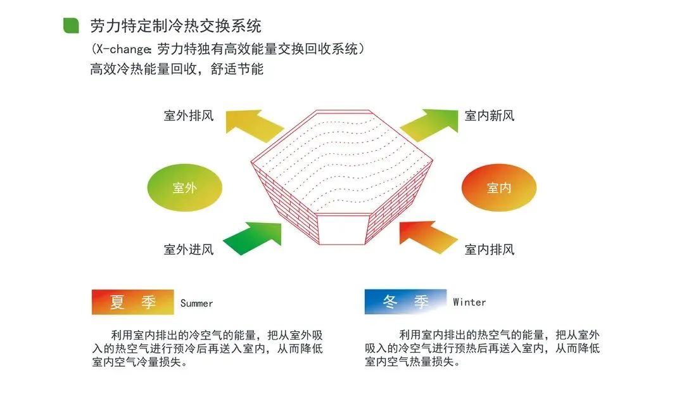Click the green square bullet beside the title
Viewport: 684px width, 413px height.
coord(71,25)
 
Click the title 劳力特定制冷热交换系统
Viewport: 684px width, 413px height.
coord(176,26)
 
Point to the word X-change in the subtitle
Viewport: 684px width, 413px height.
coord(123,49)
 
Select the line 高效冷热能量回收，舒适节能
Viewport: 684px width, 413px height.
coord(177,69)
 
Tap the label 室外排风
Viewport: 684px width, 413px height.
coord(189,115)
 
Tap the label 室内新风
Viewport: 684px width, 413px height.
coord(490,115)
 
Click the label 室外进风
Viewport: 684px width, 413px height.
coord(189,250)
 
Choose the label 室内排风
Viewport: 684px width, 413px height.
coord(490,250)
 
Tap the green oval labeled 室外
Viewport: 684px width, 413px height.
coord(184,187)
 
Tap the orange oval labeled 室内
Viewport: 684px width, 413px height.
coord(499,187)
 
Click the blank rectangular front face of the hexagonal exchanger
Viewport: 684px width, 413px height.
coord(341,229)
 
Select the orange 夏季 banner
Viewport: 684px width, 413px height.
coord(132,302)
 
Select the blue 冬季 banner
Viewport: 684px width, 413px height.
coord(406,302)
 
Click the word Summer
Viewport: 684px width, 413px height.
coord(197,303)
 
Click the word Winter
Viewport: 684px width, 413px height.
coord(469,302)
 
